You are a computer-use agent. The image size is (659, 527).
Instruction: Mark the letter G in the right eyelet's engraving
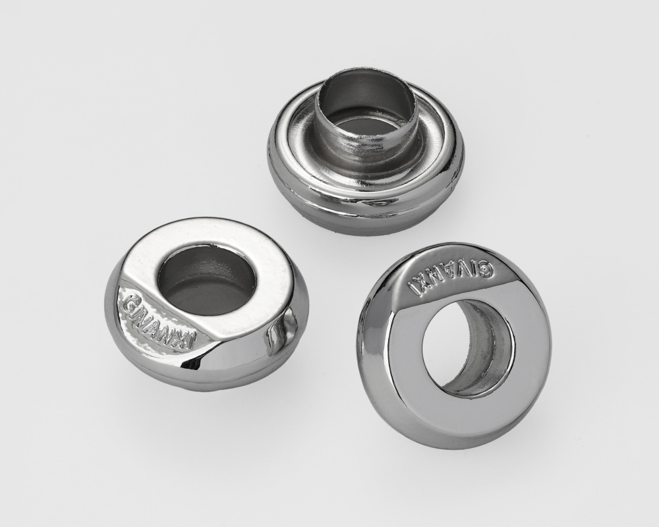[486, 268]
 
